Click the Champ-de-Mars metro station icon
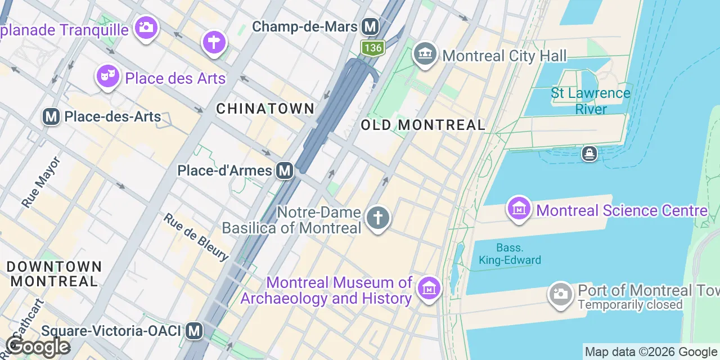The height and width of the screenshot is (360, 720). tap(370, 26)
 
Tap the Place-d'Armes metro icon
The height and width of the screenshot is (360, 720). tap(285, 170)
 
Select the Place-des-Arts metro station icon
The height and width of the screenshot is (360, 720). tap(51, 117)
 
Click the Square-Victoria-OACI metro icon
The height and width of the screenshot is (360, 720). tap(194, 331)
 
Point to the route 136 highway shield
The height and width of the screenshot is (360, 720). tap(372, 48)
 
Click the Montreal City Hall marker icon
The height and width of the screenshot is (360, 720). tap(425, 54)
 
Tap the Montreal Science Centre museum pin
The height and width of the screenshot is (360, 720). tap(519, 209)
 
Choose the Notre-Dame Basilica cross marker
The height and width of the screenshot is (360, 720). tap(377, 217)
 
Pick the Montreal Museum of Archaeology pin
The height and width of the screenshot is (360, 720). tap(429, 289)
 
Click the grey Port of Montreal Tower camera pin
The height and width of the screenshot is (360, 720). tap(560, 293)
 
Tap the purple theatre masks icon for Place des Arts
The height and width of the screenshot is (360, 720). tap(107, 75)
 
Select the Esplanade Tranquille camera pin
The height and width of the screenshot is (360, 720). tap(146, 26)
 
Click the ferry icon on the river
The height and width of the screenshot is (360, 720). tap(589, 153)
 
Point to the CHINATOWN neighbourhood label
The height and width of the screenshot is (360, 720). tap(265, 109)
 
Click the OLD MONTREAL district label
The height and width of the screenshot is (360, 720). tap(423, 125)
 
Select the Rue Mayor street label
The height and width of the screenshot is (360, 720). tap(41, 182)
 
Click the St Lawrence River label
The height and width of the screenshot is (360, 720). tap(591, 101)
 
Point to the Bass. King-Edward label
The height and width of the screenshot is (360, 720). tap(510, 254)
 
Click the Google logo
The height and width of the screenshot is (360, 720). tap(38, 346)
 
